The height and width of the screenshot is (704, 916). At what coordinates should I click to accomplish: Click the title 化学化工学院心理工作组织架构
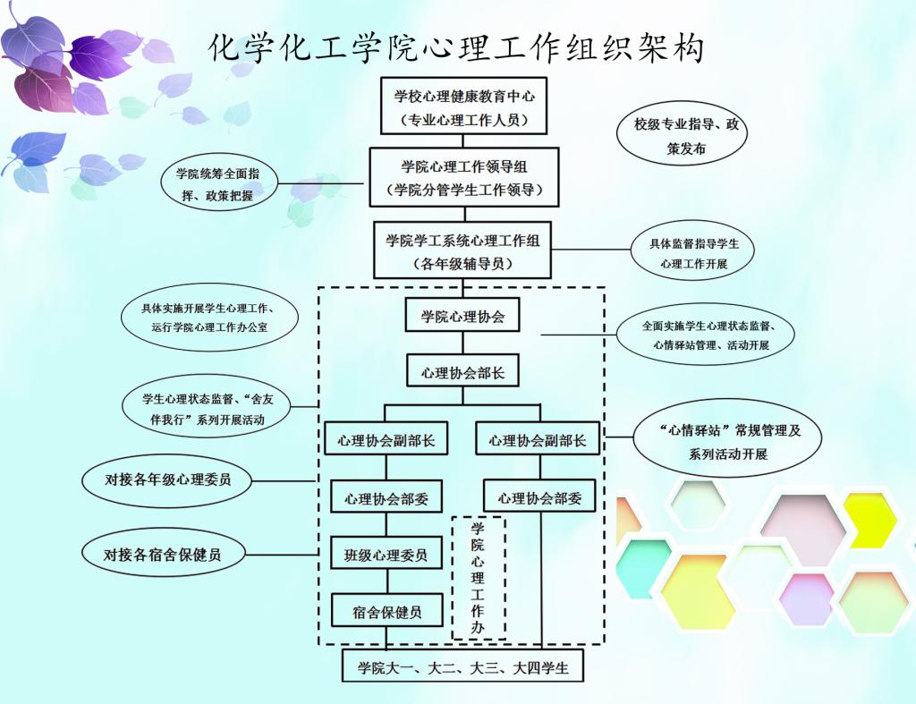[457, 47]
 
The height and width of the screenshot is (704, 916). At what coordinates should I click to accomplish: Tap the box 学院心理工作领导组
[464, 177]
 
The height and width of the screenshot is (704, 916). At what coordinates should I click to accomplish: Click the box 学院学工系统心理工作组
[462, 251]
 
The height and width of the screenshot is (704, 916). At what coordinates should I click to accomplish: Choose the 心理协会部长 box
[462, 372]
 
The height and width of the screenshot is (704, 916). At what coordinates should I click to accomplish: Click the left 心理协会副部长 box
[386, 440]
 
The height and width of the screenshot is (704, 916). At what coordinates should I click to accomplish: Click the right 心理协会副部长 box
[538, 440]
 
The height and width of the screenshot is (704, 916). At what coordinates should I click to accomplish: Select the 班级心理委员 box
[386, 555]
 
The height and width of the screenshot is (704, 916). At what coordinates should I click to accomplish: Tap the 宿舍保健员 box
[386, 613]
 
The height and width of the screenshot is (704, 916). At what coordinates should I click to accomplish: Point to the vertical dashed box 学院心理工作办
[479, 577]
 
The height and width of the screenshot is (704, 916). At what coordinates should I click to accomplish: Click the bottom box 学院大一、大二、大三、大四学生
[462, 667]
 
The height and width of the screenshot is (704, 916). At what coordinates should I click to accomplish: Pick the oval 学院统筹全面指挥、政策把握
[218, 183]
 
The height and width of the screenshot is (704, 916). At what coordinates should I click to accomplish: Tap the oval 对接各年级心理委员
[167, 479]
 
